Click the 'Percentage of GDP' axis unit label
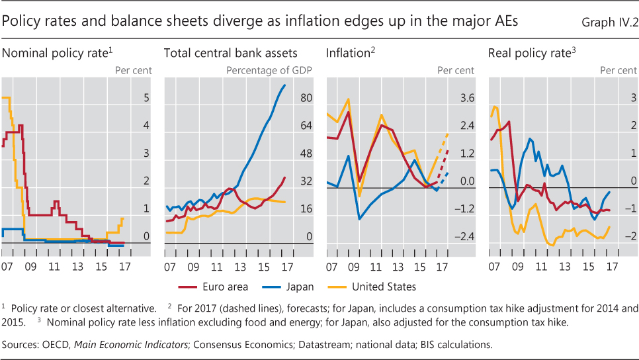269,70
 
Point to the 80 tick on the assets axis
306,98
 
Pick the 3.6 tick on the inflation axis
468,98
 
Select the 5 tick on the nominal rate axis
147,98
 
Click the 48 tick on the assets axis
306,154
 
